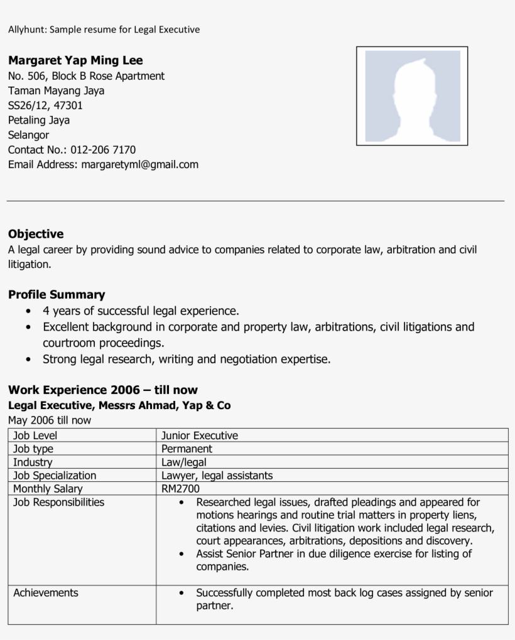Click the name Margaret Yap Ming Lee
coord(75,61)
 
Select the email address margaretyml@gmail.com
coord(139,164)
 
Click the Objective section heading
coord(36,234)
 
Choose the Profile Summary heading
coord(57,294)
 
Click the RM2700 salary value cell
coord(180,489)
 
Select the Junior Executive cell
coord(199,435)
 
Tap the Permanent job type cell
coord(187,449)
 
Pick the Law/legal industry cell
coord(183,462)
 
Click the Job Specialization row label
coord(55,476)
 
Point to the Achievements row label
coord(46,593)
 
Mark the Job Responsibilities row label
coord(58,502)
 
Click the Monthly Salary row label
coord(48,489)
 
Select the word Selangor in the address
coord(28,135)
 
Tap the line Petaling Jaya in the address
coord(39,120)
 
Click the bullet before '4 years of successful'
coord(28,311)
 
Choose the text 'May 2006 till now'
coord(50,420)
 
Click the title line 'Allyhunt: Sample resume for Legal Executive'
coord(104,29)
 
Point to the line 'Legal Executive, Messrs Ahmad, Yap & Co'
coord(119,405)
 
